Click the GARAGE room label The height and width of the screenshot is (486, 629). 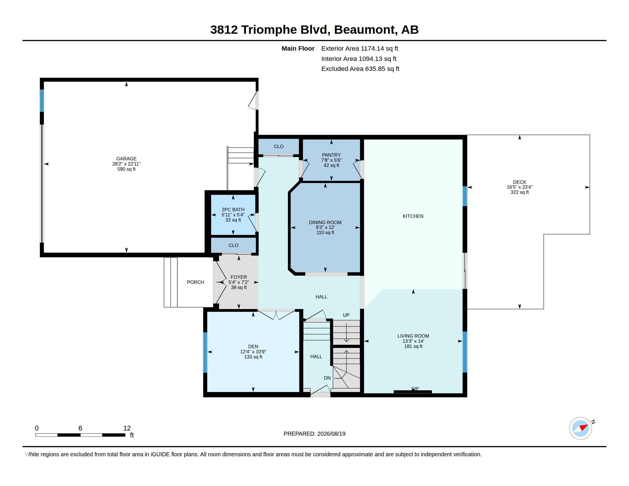(x=126, y=159)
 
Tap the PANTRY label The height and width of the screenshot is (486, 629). (x=331, y=155)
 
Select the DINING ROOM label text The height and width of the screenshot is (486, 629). (x=325, y=222)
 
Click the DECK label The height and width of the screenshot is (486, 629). (x=519, y=182)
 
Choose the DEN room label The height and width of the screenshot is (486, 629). (x=253, y=346)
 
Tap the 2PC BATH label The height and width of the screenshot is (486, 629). (x=233, y=210)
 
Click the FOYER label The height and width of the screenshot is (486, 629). (x=239, y=277)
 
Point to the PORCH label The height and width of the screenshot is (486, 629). (x=195, y=282)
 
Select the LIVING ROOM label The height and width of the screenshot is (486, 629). (x=413, y=336)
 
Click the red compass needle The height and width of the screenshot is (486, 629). (x=584, y=427)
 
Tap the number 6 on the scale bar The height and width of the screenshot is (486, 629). (x=80, y=428)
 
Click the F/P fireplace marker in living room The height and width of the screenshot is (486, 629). (x=415, y=389)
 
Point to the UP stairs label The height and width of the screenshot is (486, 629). (x=346, y=315)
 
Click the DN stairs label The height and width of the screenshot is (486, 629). (x=327, y=378)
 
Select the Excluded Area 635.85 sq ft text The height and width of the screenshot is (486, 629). (x=360, y=69)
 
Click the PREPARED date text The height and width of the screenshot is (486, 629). (x=314, y=434)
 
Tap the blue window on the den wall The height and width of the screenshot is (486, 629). (x=205, y=353)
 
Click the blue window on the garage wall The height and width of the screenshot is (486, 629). (x=42, y=100)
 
